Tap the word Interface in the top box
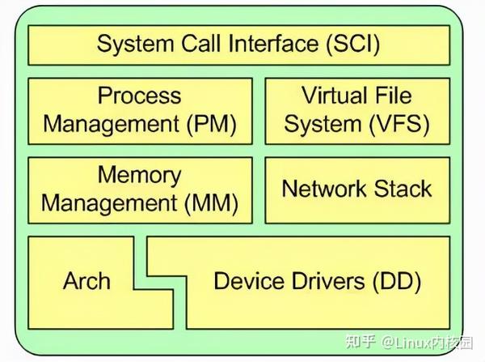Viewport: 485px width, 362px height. [272, 44]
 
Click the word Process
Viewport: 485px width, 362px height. [140, 96]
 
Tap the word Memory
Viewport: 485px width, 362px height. [140, 175]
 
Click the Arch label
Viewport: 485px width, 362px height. [86, 281]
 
